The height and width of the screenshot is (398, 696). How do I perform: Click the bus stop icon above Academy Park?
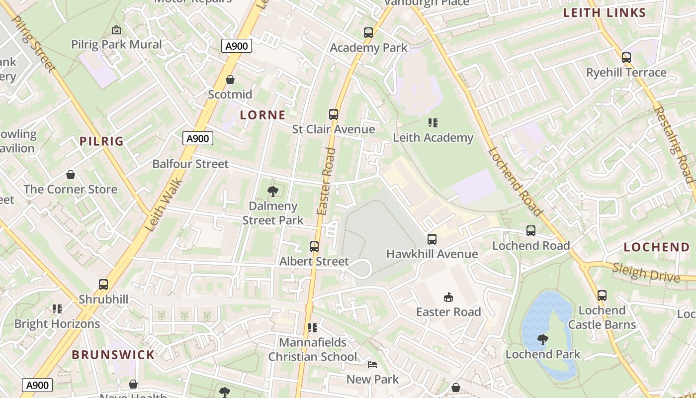pos(368,33)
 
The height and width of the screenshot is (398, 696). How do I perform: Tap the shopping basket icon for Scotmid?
pos(230,80)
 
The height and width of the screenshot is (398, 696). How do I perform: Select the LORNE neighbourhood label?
pos(262,115)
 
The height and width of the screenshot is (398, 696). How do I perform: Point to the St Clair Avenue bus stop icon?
pos(333,114)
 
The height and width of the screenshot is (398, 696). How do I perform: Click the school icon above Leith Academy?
pos(433,122)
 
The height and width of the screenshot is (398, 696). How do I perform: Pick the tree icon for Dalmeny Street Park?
pos(272,191)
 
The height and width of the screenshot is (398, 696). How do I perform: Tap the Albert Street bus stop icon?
pos(314,246)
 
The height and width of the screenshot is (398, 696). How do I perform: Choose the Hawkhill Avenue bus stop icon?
pos(432,239)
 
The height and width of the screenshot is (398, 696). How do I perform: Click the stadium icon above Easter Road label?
pos(448,297)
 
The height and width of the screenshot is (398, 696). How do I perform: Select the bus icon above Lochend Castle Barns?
pos(602,296)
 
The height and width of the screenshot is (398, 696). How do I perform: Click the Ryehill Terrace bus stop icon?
pos(626,58)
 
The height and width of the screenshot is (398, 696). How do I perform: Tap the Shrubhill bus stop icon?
pos(103,285)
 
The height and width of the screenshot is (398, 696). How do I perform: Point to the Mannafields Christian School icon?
pos(312,327)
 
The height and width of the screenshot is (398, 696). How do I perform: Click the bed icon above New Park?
pos(372,365)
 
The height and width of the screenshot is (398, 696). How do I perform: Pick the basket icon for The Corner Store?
pos(71,175)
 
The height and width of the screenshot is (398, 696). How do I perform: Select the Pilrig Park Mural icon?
pos(116,30)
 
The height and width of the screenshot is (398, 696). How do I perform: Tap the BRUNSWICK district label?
pos(113,355)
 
